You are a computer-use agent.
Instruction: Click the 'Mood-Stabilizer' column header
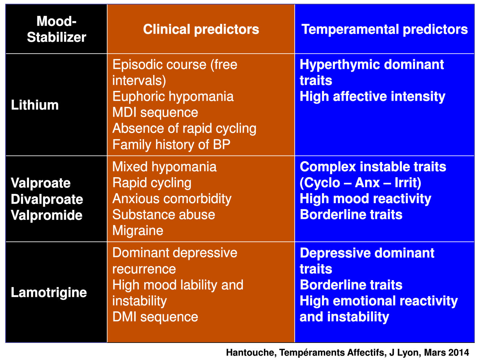(57, 29)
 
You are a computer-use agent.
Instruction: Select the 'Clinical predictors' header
(201, 29)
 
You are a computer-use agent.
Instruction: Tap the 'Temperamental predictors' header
(384, 29)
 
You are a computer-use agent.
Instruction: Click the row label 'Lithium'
(35, 105)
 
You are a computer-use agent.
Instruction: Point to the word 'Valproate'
(41, 183)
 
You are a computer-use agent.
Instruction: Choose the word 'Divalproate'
(47, 199)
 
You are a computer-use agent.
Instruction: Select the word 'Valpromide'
(46, 215)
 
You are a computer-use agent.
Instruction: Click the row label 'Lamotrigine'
(49, 292)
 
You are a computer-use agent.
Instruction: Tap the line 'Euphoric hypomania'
(173, 96)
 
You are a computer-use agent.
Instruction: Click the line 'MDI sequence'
(155, 113)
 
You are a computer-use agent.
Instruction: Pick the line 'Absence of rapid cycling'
(184, 129)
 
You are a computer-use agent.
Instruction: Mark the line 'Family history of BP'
(171, 145)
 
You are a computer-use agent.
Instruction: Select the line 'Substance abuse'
(164, 215)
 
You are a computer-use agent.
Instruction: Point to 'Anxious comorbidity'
(172, 199)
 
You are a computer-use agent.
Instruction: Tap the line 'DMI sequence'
(155, 317)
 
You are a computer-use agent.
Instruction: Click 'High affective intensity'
(372, 96)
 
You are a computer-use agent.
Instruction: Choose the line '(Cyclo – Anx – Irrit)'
(360, 183)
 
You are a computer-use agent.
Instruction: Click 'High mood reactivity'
(365, 199)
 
